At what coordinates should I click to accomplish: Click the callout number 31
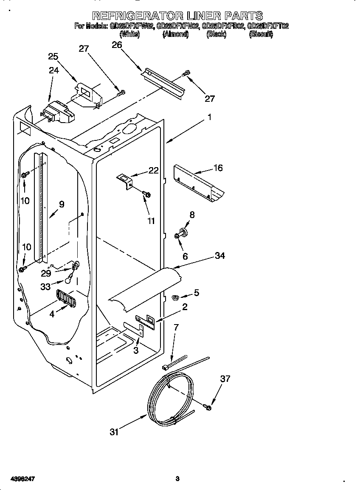pyautogui.click(x=114, y=432)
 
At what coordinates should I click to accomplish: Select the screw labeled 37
pyautogui.click(x=208, y=408)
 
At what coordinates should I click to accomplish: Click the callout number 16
pyautogui.click(x=218, y=168)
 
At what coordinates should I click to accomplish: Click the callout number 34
pyautogui.click(x=219, y=255)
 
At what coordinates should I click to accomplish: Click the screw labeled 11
pyautogui.click(x=147, y=194)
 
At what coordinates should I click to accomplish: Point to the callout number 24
pyautogui.click(x=53, y=70)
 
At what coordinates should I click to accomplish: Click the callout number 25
pyautogui.click(x=53, y=56)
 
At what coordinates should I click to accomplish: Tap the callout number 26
pyautogui.click(x=117, y=45)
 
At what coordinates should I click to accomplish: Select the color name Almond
pyautogui.click(x=175, y=34)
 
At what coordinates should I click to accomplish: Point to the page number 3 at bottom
pyautogui.click(x=177, y=479)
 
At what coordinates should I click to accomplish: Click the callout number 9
pyautogui.click(x=62, y=204)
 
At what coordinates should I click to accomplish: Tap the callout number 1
pyautogui.click(x=209, y=118)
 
